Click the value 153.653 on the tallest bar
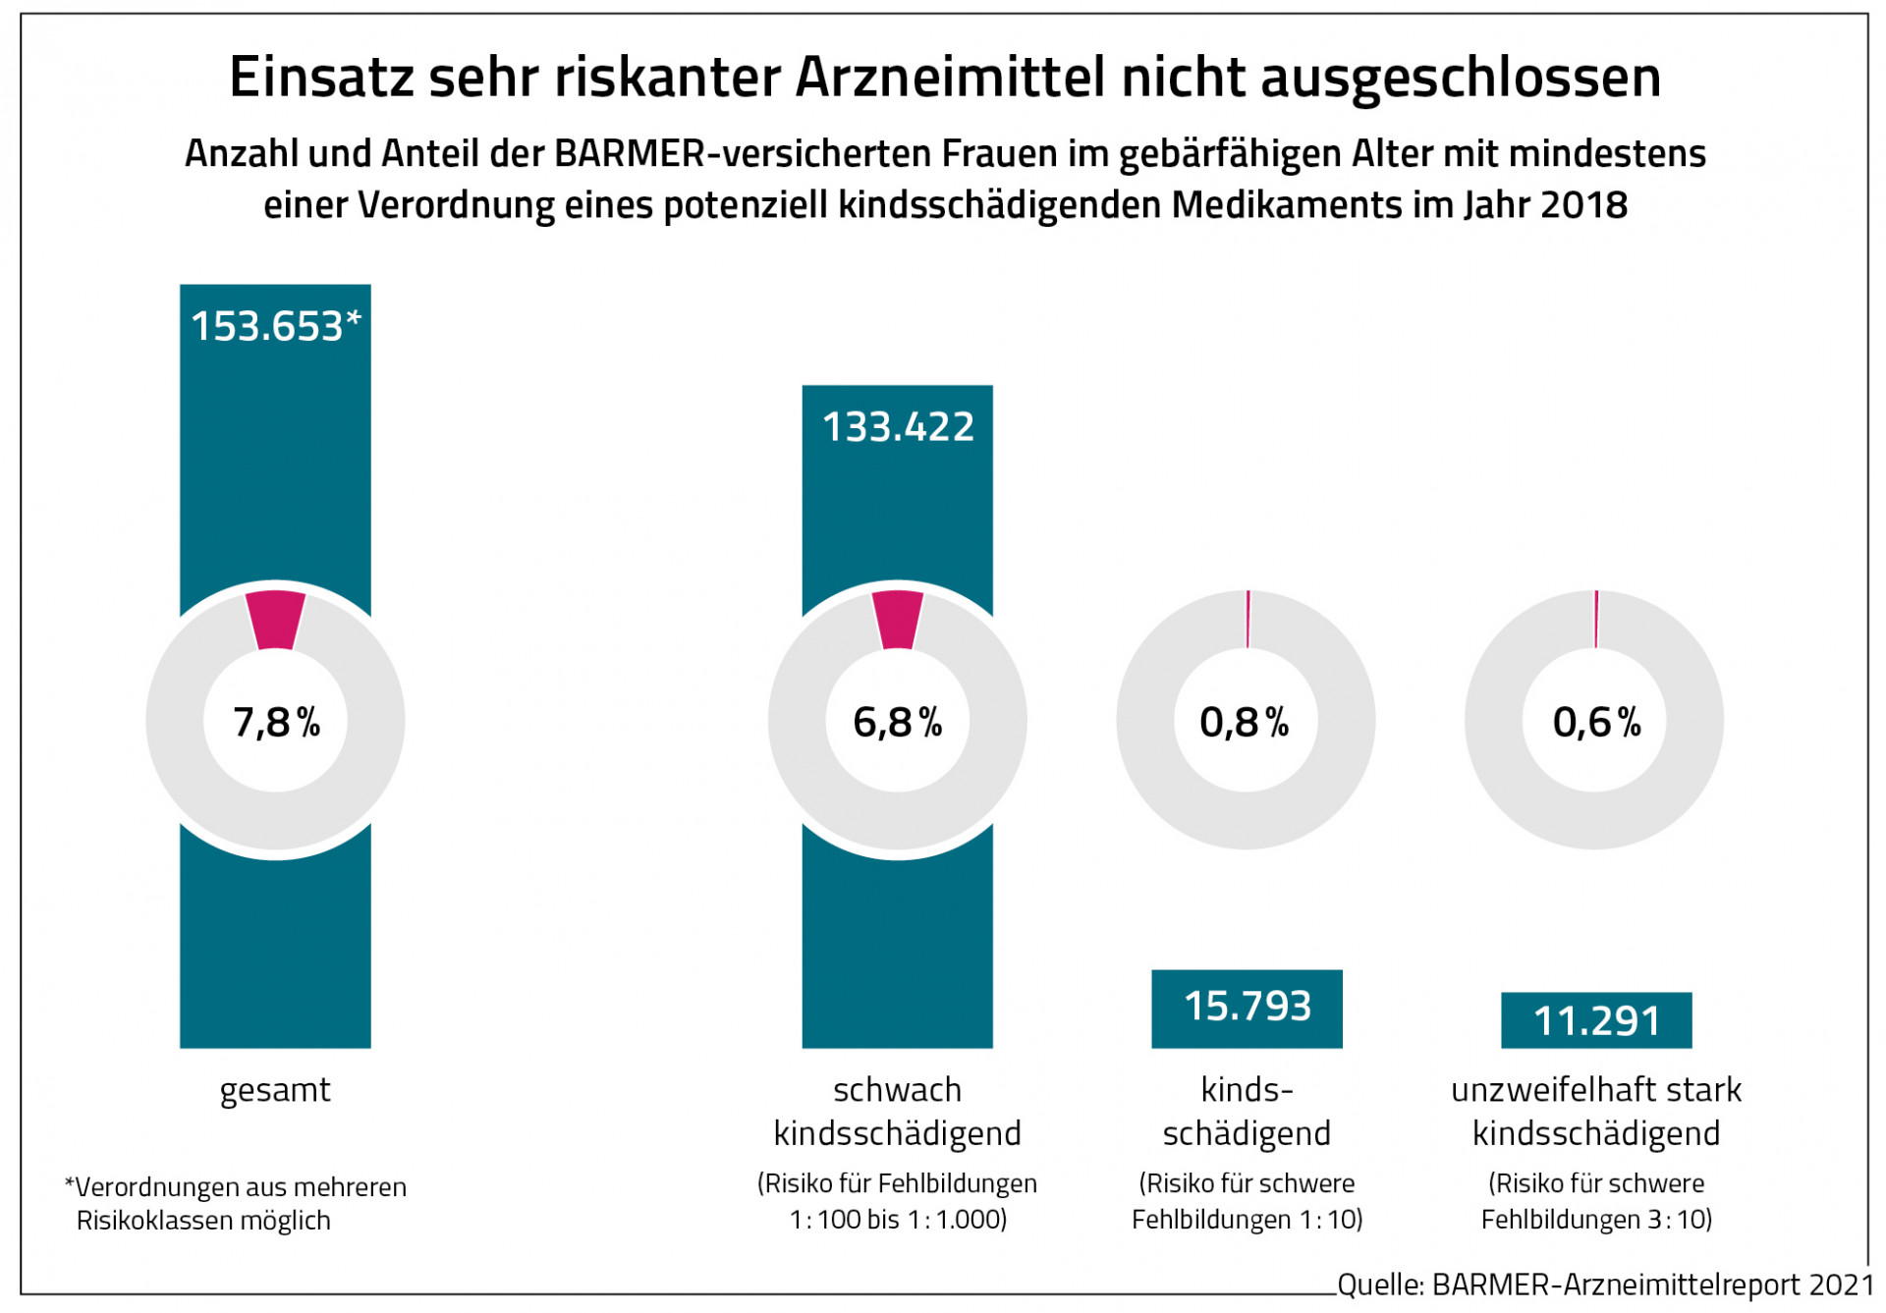(x=267, y=326)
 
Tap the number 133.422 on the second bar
(x=898, y=427)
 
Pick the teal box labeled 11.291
(x=1596, y=1021)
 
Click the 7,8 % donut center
(x=276, y=722)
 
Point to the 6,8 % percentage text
(x=897, y=722)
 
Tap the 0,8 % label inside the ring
(x=1244, y=722)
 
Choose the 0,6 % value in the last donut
(x=1596, y=722)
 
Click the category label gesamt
(x=275, y=1090)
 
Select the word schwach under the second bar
(x=897, y=1090)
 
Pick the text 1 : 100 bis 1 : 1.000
(x=898, y=1220)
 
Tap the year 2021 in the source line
(x=1842, y=1285)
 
